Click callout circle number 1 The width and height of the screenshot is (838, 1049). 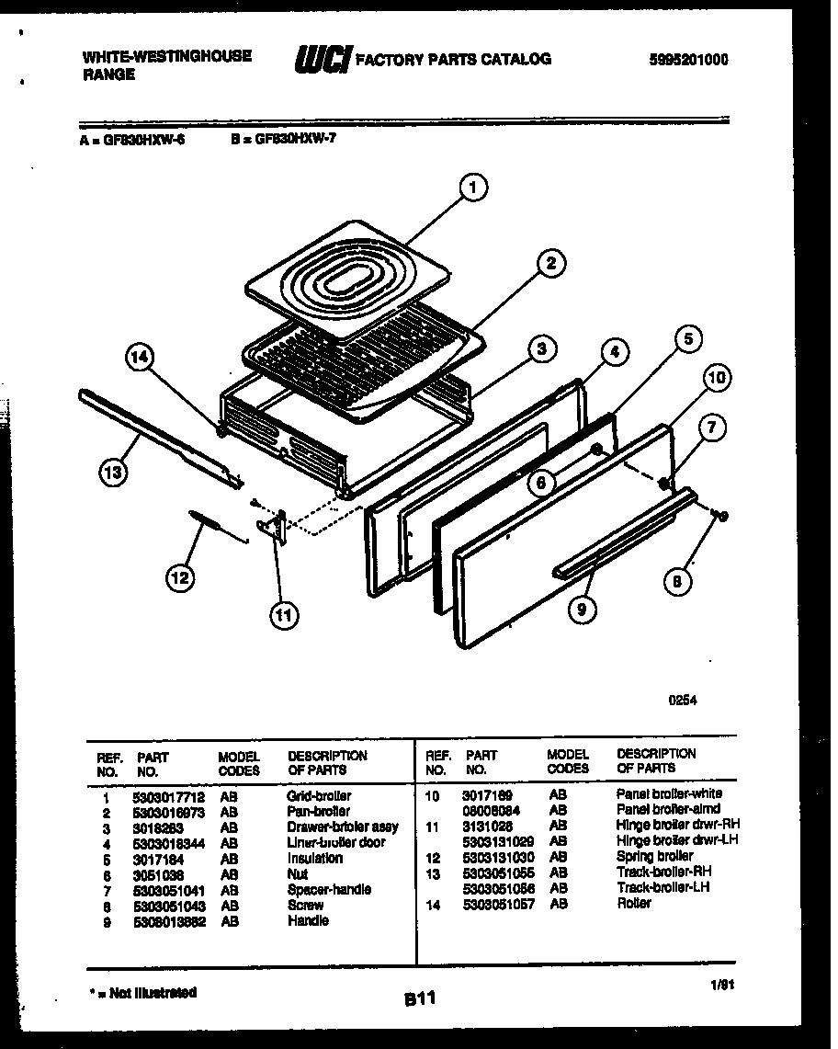(472, 189)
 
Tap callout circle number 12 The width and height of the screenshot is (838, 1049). (180, 577)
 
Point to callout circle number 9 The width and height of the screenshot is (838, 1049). (582, 608)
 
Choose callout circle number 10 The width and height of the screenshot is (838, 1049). (718, 377)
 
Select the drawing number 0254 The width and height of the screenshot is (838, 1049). (682, 700)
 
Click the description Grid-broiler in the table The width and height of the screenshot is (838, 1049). (319, 795)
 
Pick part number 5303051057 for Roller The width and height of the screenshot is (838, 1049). (499, 904)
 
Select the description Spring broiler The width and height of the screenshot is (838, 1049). (654, 857)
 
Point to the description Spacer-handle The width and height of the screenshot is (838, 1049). (329, 889)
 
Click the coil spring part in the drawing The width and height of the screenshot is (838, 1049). (209, 524)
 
